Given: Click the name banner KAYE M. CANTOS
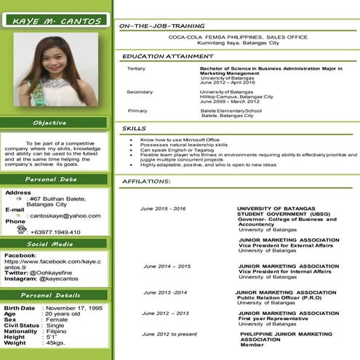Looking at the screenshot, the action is point(56,21).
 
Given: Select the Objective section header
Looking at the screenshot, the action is point(55,123).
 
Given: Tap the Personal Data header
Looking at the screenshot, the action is point(55,179).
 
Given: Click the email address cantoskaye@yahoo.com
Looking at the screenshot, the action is point(64,216).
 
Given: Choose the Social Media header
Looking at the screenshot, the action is point(55,244).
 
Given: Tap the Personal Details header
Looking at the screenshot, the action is point(55,296).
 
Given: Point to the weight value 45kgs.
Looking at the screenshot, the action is point(57,343).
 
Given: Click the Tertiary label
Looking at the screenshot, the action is point(136,68).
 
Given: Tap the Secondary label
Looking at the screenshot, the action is point(140,92).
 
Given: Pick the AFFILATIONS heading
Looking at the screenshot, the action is point(146,180).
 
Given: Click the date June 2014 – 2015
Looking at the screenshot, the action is point(166,267).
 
